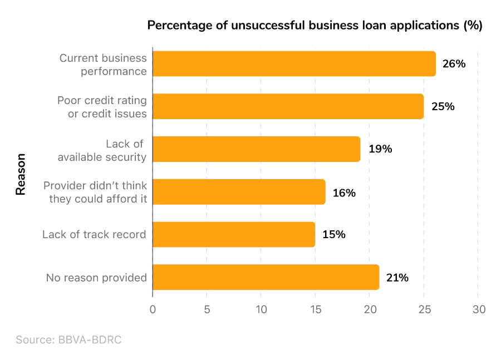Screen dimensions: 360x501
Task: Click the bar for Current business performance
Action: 294,63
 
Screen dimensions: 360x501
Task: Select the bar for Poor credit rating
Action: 288,106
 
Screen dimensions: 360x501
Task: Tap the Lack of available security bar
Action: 256,149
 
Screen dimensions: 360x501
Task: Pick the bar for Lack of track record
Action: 234,234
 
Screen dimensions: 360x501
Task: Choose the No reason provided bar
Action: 266,277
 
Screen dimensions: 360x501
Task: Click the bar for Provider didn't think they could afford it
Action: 239,192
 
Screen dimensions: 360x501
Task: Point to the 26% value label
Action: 454,64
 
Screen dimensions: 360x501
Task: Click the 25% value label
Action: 443,106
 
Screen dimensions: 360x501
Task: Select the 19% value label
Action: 380,149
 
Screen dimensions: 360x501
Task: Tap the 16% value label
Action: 343,193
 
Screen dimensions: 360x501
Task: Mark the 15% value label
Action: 333,235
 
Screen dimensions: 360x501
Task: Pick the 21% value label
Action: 397,278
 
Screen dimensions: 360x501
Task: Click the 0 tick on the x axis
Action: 153,309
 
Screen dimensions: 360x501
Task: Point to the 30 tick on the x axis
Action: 479,309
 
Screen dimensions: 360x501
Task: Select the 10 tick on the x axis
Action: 261,309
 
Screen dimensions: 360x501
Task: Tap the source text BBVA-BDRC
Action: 68,339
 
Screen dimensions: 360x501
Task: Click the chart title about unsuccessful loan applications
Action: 315,26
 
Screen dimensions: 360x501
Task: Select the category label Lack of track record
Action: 94,234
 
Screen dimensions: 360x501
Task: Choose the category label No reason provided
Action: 96,277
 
